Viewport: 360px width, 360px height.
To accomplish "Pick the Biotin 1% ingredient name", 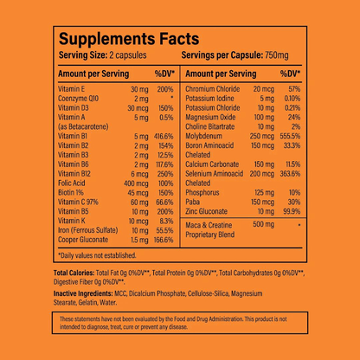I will [x=74, y=193].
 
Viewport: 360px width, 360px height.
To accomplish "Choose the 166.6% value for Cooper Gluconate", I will [x=164, y=240].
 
